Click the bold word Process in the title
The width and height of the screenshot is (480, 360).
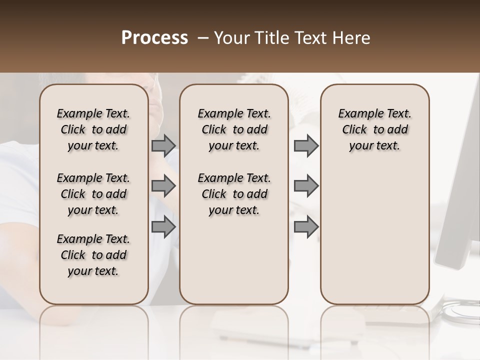[154, 38]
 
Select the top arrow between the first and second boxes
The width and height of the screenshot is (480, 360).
[163, 145]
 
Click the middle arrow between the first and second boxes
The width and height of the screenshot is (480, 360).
[163, 186]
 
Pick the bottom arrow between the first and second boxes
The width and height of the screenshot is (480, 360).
[163, 226]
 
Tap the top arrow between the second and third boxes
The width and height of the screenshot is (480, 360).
[306, 145]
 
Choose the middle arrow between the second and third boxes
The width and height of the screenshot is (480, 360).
[306, 186]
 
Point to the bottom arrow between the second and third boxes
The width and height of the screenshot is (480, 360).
[306, 226]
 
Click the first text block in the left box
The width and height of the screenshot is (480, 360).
[93, 129]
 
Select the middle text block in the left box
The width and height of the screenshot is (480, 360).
[93, 194]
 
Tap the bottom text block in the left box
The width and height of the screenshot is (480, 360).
[93, 255]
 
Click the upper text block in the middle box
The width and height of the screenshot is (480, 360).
[234, 129]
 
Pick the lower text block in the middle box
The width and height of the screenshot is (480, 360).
[234, 194]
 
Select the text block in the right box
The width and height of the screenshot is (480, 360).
[374, 129]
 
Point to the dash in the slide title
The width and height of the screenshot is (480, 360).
[203, 38]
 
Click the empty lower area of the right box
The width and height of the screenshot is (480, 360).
[374, 235]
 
